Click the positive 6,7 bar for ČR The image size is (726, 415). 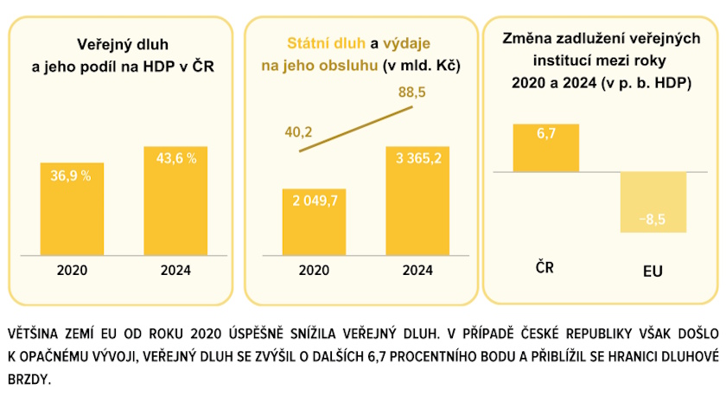pos(545,148)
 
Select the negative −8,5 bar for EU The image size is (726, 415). pos(653,202)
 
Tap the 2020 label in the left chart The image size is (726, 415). pos(72,270)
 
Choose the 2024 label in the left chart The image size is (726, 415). pos(175,270)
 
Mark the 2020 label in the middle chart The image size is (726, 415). pos(314,270)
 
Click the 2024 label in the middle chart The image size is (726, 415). pos(418,270)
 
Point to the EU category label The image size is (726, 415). pos(653,271)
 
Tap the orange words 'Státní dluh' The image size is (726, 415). pos(326,43)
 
